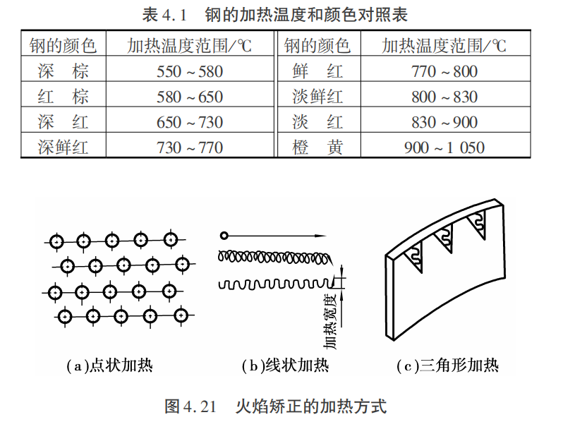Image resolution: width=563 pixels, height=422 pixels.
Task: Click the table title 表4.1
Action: click(164, 15)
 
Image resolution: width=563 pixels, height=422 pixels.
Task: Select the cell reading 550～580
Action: click(190, 71)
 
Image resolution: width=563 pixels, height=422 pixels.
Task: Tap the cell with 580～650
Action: click(190, 97)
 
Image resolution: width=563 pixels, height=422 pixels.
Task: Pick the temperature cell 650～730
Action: click(190, 123)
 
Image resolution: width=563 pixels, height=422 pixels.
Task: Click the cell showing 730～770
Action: click(190, 147)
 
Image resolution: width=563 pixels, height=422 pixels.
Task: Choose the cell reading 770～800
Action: click(444, 71)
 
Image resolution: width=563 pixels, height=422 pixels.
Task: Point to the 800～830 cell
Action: click(444, 97)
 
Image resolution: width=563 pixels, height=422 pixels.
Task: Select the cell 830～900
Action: click(444, 123)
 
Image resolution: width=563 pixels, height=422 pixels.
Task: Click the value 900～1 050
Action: click(444, 147)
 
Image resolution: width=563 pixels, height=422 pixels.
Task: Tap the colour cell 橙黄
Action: click(317, 147)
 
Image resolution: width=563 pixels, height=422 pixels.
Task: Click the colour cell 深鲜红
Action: click(63, 147)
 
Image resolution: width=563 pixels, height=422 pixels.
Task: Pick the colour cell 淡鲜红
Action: click(317, 97)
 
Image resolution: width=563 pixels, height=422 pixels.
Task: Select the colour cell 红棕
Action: click(63, 97)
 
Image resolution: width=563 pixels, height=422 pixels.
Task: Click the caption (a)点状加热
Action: click(110, 366)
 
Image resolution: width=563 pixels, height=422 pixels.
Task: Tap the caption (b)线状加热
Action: click(286, 366)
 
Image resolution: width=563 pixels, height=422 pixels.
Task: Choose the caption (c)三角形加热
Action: click(448, 366)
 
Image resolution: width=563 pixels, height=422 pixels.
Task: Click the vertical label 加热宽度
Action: click(330, 321)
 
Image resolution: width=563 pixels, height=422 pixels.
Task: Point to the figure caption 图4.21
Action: click(190, 406)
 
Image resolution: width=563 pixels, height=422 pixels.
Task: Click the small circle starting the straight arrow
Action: click(224, 236)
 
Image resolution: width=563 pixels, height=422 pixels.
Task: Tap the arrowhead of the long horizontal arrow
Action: click(320, 236)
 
